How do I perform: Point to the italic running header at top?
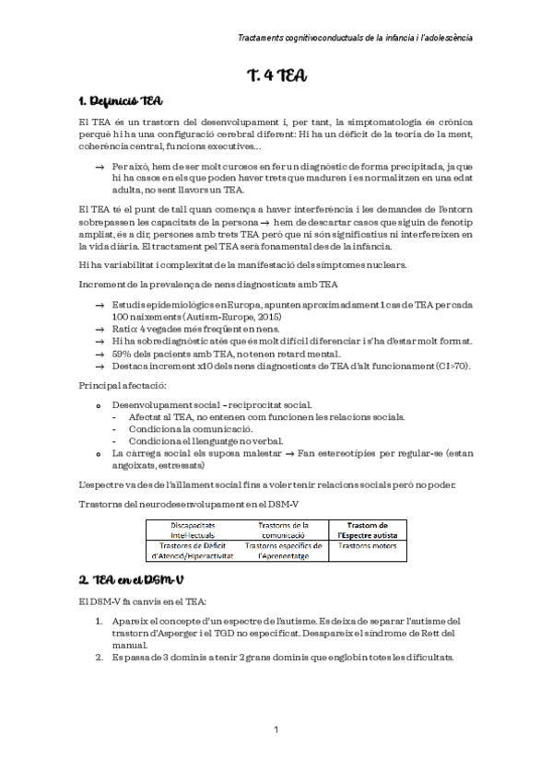click(355, 38)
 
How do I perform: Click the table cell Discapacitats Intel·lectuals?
click(193, 530)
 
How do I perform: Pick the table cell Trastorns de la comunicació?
click(283, 530)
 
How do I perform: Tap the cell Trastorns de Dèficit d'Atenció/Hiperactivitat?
click(193, 551)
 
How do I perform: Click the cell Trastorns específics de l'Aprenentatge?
click(283, 551)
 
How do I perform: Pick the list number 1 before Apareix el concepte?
click(100, 620)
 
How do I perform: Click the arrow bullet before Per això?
click(100, 167)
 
